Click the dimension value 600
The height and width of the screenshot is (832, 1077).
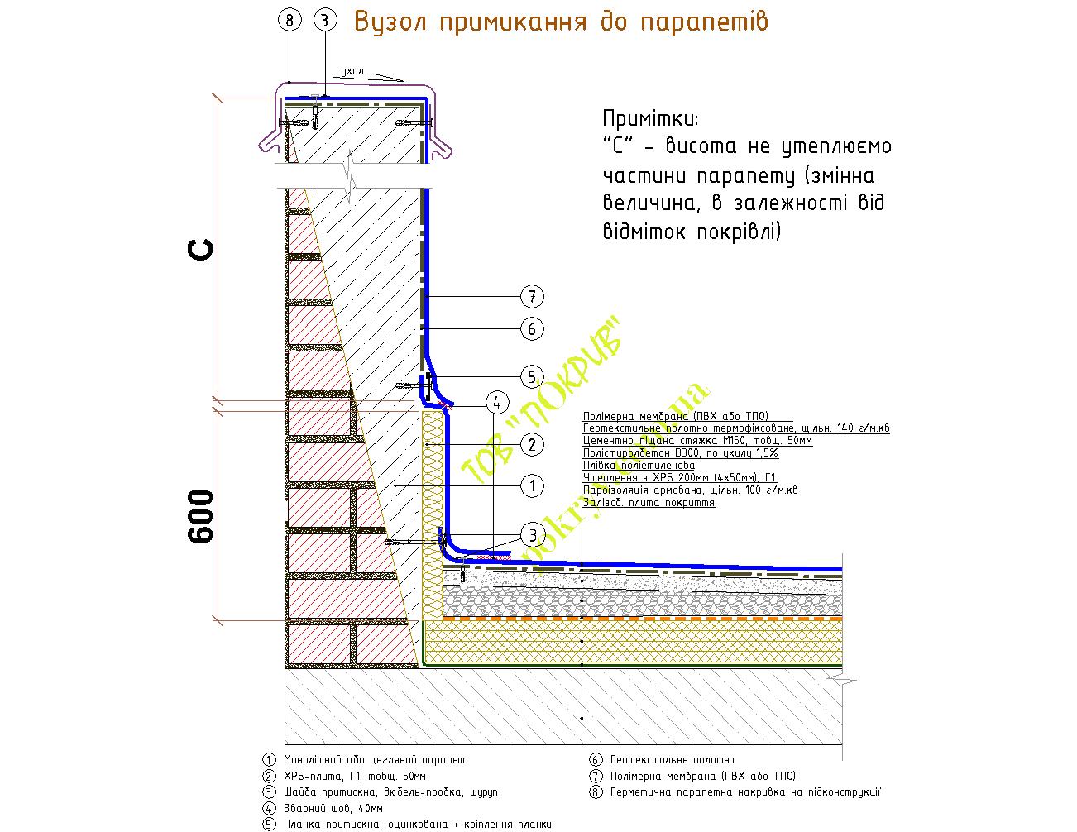[201, 516]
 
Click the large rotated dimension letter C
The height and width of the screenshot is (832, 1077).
[201, 248]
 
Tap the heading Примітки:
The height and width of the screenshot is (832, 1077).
[651, 117]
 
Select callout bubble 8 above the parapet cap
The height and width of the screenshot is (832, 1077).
[290, 22]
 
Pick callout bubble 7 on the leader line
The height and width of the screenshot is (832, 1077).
[532, 296]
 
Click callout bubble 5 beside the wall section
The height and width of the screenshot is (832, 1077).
[532, 377]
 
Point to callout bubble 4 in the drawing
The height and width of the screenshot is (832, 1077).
[496, 404]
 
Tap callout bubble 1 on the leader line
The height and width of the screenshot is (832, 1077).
[532, 485]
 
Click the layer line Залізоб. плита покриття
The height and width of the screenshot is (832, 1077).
[649, 502]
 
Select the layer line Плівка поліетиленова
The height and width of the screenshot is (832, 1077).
[639, 466]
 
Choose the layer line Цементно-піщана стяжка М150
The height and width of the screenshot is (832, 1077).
[697, 441]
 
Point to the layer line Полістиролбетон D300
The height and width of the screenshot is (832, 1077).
[680, 453]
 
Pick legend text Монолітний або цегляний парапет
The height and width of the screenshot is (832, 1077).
[374, 759]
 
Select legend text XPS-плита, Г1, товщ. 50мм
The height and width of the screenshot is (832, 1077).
[355, 776]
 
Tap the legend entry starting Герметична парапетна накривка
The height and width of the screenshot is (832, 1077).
[744, 791]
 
